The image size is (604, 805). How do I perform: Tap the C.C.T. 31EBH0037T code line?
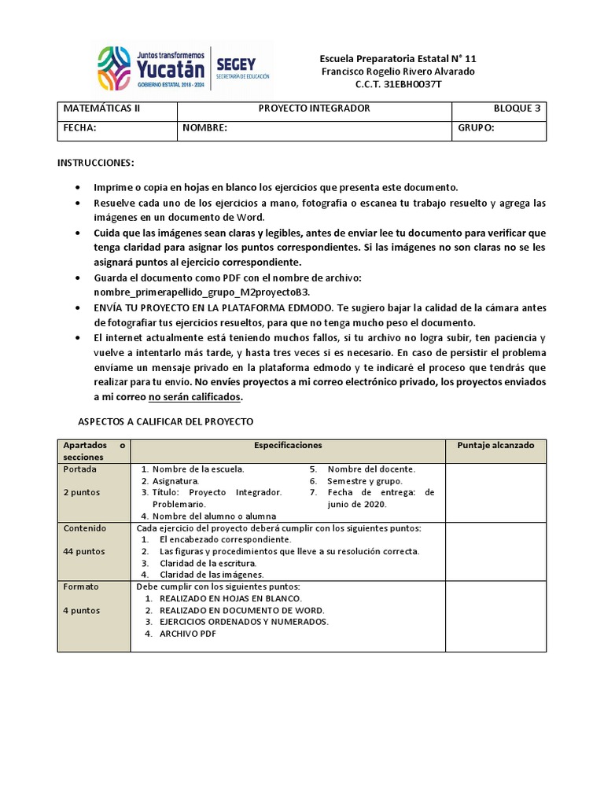pos(398,85)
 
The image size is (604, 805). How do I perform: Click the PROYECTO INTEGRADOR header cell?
pos(314,108)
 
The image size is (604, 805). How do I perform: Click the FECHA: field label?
pos(79,127)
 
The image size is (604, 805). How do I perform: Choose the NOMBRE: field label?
pos(205,127)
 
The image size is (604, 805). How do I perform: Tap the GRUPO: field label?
pos(475,127)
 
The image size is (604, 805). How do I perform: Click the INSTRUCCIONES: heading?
pos(96,162)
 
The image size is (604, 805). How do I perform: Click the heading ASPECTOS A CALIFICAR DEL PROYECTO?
pos(165,421)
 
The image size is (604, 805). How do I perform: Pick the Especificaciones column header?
pos(288,445)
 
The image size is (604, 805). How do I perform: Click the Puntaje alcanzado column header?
pos(495,445)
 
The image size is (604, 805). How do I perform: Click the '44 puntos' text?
pos(83,551)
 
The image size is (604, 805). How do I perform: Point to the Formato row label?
pos(81,586)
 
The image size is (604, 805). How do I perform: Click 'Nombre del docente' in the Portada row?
pos(371,469)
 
